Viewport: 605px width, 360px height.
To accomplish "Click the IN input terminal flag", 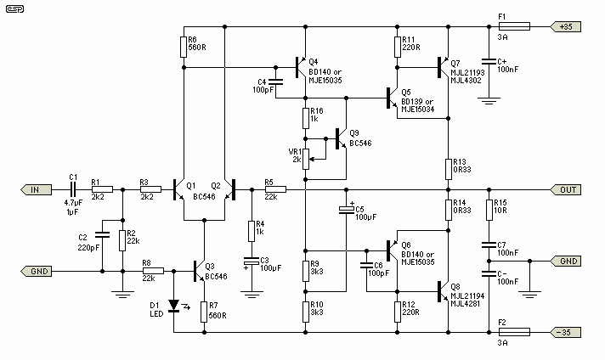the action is [36, 189].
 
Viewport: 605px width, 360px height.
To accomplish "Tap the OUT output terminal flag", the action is [565, 189].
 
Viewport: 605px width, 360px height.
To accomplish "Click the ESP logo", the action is [15, 8].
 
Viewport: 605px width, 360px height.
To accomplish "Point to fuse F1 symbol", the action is [514, 26].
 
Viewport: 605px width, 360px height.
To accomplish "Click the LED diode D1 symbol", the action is [174, 306].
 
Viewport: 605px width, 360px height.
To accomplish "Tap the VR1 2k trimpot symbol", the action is [306, 159].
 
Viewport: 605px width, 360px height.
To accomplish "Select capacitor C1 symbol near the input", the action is [73, 189].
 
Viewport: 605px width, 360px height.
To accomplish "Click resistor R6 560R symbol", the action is [184, 47].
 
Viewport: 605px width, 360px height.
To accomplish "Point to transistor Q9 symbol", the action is [341, 138].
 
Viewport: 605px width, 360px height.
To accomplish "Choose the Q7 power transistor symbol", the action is [443, 67].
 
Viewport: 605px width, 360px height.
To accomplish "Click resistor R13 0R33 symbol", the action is [449, 169].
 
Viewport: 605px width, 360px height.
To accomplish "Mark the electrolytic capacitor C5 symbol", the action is [346, 210].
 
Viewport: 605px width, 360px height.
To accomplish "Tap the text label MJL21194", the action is [467, 295].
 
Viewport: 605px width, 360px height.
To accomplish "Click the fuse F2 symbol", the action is [514, 332].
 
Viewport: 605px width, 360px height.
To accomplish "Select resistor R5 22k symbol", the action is [275, 189].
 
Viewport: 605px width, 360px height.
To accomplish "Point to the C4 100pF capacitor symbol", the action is [275, 82].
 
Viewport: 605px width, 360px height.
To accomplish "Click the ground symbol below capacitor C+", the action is [489, 101].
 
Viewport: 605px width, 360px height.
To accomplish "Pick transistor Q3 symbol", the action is [199, 272].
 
